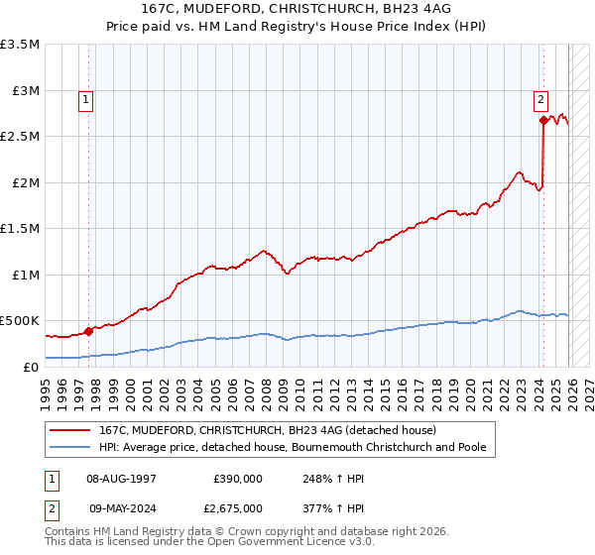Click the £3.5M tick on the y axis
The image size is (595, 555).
[20, 45]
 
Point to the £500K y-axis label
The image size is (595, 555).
[20, 321]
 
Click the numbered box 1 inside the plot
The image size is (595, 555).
[87, 99]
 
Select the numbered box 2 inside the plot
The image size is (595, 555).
[540, 99]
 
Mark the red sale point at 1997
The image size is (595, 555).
[88, 331]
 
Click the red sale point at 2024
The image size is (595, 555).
[542, 121]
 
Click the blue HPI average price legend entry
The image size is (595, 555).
[293, 447]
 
